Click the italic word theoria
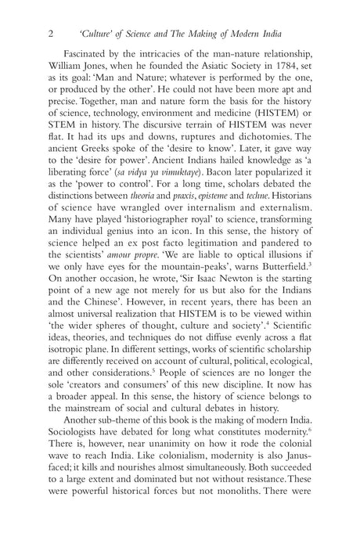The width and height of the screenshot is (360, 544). pyautogui.click(x=153, y=222)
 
